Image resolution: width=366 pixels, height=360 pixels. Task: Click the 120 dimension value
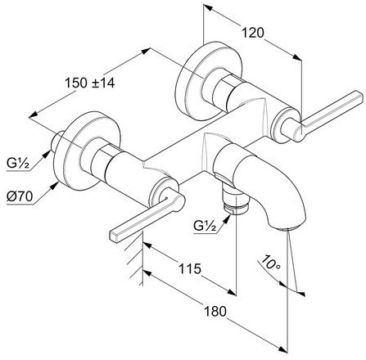pyautogui.click(x=253, y=33)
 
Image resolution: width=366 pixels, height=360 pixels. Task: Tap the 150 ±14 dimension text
pyautogui.click(x=90, y=83)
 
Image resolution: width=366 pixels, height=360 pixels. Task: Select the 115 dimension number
pyautogui.click(x=190, y=268)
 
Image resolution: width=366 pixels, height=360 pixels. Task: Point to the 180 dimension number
pyautogui.click(x=215, y=311)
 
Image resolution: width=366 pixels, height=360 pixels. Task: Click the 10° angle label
pyautogui.click(x=270, y=263)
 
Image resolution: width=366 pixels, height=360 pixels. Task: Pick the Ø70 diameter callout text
pyautogui.click(x=20, y=196)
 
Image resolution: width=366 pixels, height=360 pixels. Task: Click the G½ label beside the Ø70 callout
pyautogui.click(x=18, y=164)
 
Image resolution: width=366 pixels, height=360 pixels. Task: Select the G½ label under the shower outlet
pyautogui.click(x=205, y=226)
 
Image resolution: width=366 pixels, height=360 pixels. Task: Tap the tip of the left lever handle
pyautogui.click(x=114, y=236)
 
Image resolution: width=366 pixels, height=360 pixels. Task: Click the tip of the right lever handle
pyautogui.click(x=359, y=96)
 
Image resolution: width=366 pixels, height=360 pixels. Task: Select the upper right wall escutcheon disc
pyautogui.click(x=208, y=81)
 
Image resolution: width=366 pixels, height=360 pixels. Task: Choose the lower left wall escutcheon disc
pyautogui.click(x=87, y=151)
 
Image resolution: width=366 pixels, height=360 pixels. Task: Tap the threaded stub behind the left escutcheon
pyautogui.click(x=56, y=141)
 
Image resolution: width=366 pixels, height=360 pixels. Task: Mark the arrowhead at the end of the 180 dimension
pyautogui.click(x=283, y=350)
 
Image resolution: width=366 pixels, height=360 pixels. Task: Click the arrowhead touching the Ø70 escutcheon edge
pyautogui.click(x=55, y=186)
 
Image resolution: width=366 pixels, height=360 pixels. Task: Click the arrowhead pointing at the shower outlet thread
pyautogui.click(x=227, y=218)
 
